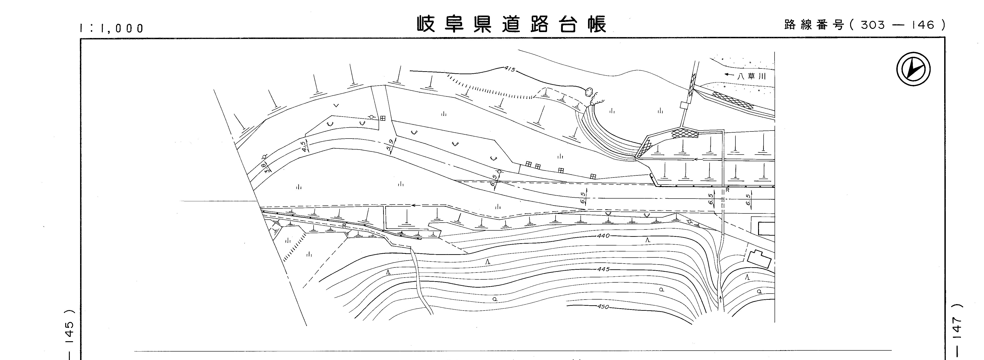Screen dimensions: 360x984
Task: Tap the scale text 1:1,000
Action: (x=111, y=28)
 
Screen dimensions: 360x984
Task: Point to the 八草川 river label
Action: (x=751, y=76)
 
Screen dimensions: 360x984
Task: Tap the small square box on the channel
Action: (x=684, y=104)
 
